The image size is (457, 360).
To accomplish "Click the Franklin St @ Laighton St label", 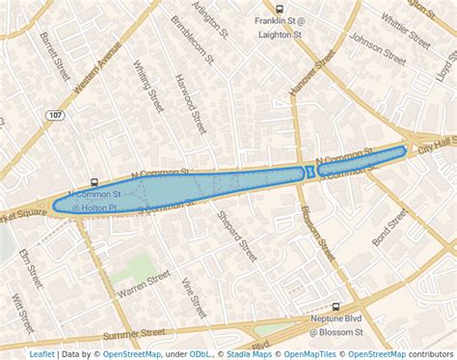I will pyautogui.click(x=280, y=26).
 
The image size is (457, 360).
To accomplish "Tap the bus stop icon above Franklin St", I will pyautogui.click(x=280, y=8).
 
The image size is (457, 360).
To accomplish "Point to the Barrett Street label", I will pyautogui.click(x=48, y=53).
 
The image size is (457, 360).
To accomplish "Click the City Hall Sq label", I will pyautogui.click(x=436, y=148).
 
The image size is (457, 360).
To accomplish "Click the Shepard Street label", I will pyautogui.click(x=240, y=236).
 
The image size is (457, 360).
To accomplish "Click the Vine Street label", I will pyautogui.click(x=194, y=298).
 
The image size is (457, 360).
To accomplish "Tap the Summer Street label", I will pyautogui.click(x=135, y=334).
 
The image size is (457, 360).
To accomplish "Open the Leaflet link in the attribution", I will pyautogui.click(x=41, y=354).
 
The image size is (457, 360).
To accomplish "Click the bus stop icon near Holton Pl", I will pyautogui.click(x=94, y=180).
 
